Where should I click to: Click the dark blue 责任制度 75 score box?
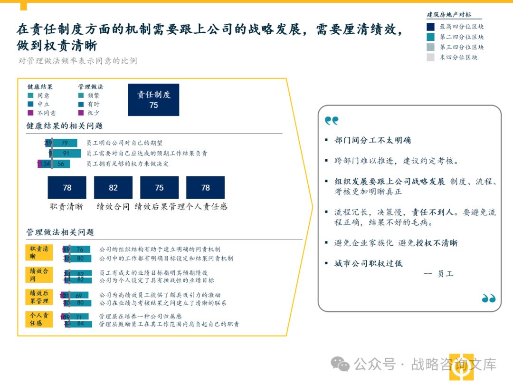153,100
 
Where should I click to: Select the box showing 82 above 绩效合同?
113,187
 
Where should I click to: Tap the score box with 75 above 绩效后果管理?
159,187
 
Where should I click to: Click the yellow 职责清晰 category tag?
39,252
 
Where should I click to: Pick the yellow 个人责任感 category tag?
39,319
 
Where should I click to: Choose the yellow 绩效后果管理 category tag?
39,297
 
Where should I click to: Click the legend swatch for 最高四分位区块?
430,27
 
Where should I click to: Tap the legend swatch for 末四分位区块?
430,58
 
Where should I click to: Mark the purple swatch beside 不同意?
31,113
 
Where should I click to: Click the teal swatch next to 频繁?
81,96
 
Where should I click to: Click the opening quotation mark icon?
332,121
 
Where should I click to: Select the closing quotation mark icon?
488,298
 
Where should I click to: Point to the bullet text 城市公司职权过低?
368,263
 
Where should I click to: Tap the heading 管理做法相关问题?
60,232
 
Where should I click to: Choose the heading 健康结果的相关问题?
64,126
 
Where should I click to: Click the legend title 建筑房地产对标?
449,15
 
